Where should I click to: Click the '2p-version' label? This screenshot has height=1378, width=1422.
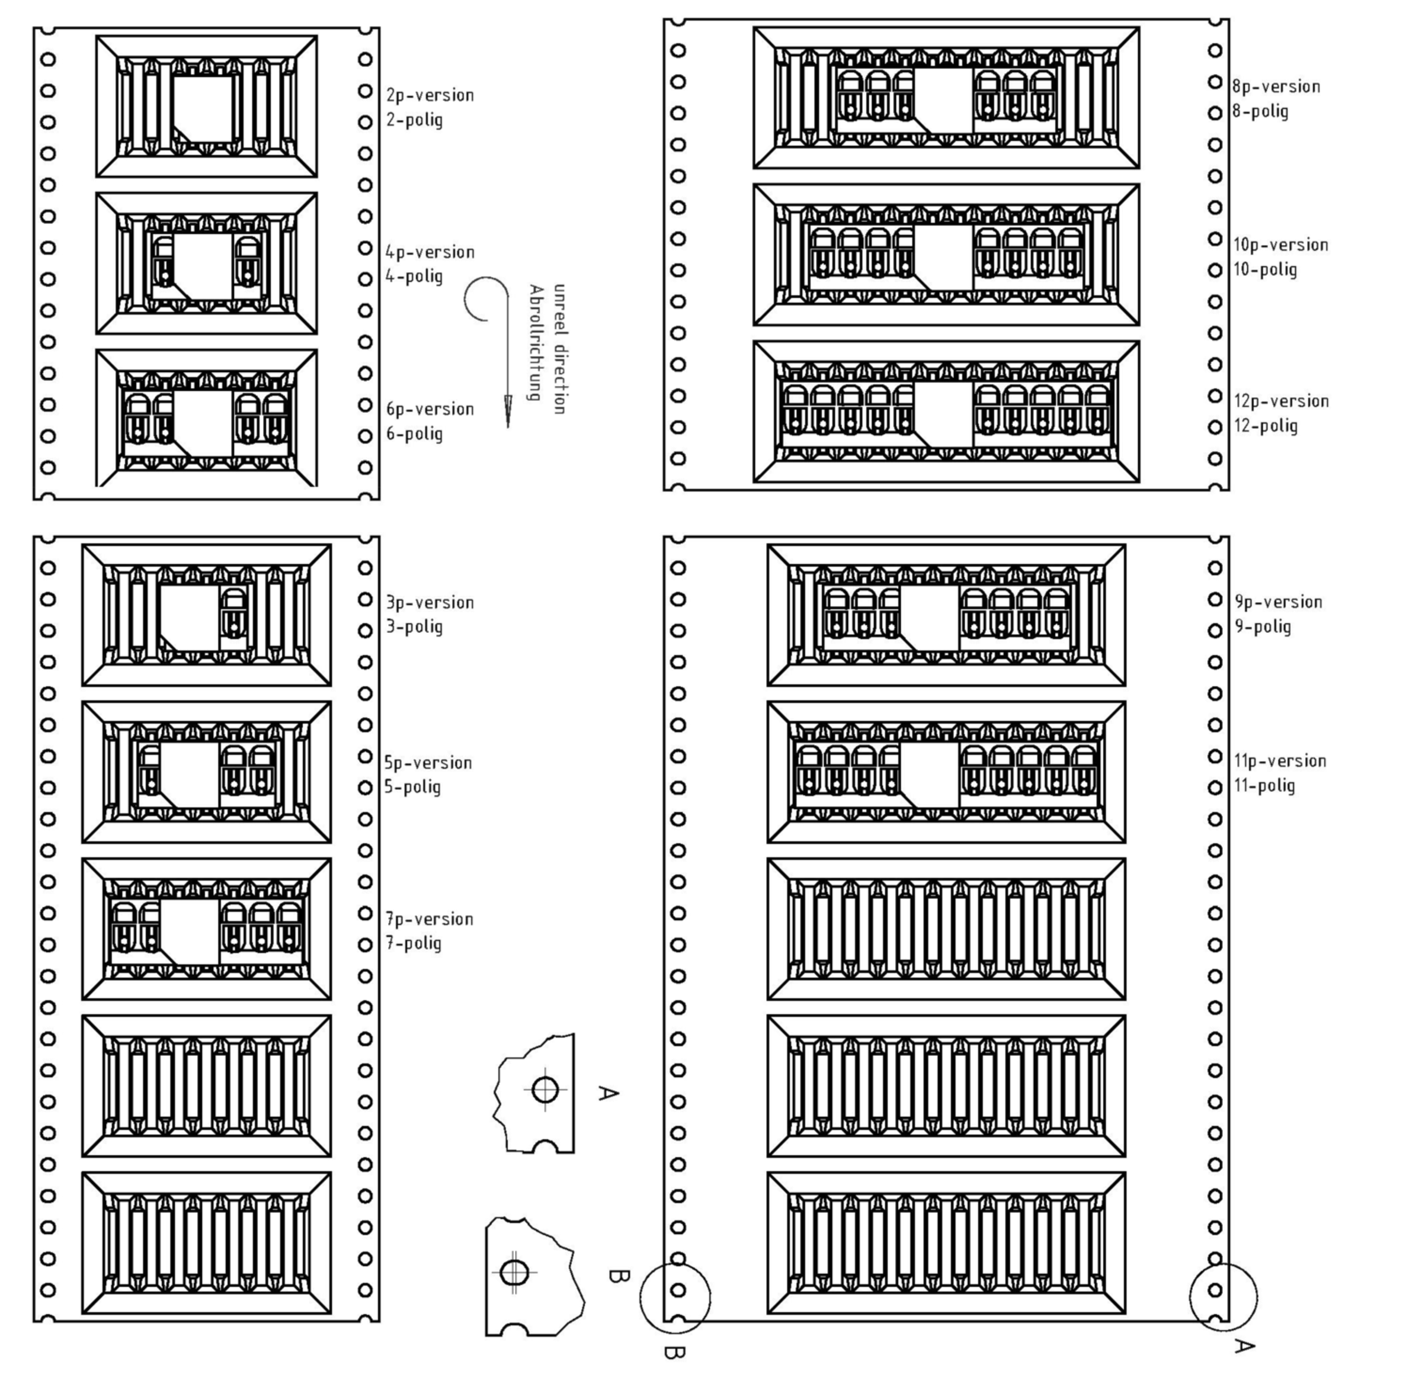[430, 95]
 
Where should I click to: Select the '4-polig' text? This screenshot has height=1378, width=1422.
[414, 277]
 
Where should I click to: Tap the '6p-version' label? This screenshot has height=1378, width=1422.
[430, 409]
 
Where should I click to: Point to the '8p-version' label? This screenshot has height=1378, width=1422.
[1276, 86]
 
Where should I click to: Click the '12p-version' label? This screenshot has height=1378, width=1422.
[1281, 401]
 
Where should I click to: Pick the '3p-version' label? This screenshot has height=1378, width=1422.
[430, 602]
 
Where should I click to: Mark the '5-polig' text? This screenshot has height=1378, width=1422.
[412, 787]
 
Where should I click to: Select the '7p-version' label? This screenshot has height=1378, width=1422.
[430, 919]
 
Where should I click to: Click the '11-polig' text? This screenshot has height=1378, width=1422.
[1264, 785]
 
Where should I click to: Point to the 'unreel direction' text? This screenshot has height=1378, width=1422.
[559, 349]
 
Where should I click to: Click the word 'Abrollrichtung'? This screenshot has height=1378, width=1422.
[536, 342]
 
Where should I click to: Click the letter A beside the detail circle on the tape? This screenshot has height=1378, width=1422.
[1244, 1346]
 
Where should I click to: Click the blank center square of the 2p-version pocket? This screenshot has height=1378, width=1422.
[204, 109]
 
